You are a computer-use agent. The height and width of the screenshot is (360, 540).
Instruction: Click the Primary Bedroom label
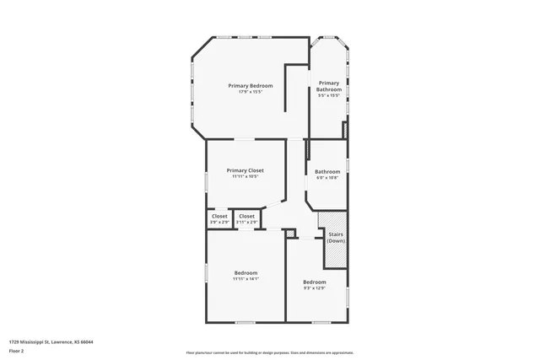251,85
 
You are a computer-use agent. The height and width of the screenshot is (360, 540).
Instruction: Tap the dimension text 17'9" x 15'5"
251,92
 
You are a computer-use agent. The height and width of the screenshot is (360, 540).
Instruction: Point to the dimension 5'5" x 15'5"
328,95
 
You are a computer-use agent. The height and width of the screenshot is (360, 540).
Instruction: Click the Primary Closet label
246,170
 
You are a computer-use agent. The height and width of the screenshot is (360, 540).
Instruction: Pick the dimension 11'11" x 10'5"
246,177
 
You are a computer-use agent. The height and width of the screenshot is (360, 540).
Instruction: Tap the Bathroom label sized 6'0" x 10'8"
327,171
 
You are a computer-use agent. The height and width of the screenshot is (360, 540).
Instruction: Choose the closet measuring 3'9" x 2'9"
219,217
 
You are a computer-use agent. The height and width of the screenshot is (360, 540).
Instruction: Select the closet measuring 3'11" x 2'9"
246,217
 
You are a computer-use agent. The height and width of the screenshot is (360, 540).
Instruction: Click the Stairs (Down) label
336,238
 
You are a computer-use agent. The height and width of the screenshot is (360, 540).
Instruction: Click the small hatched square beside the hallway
291,234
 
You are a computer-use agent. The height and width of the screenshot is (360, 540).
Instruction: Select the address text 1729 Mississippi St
51,341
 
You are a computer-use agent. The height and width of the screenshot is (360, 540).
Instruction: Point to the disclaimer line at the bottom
269,352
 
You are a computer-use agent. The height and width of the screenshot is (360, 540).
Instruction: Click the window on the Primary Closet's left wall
207,180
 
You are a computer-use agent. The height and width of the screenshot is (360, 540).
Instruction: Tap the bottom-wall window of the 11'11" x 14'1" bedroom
246,322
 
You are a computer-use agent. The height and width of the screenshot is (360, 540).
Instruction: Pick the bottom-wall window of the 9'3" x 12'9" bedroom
321,322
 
